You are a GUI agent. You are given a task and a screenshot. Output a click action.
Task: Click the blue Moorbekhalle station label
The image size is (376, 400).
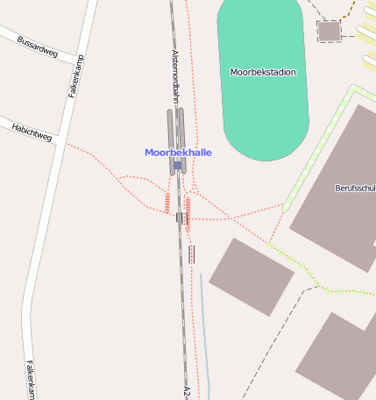[178, 153]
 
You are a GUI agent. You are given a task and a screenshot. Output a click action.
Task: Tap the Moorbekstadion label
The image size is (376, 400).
[263, 72]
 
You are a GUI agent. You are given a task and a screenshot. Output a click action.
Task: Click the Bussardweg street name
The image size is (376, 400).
[38, 47]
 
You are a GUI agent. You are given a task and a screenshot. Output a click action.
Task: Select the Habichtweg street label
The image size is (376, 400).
[32, 132]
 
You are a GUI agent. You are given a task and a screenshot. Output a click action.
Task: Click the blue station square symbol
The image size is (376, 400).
[178, 165]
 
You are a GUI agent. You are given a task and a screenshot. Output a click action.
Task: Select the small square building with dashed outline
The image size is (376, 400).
[329, 32]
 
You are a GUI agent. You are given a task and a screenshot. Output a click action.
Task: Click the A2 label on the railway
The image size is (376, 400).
[187, 390]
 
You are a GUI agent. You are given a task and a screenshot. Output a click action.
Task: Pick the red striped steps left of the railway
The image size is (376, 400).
[167, 203]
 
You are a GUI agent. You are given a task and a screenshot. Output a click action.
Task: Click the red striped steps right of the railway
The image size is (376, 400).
[188, 213]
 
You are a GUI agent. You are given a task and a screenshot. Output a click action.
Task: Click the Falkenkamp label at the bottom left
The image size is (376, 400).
[30, 381]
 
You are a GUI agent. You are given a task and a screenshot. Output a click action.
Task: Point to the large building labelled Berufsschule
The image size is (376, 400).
[337, 219]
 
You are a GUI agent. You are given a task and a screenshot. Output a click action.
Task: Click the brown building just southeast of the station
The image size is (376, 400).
[250, 275]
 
